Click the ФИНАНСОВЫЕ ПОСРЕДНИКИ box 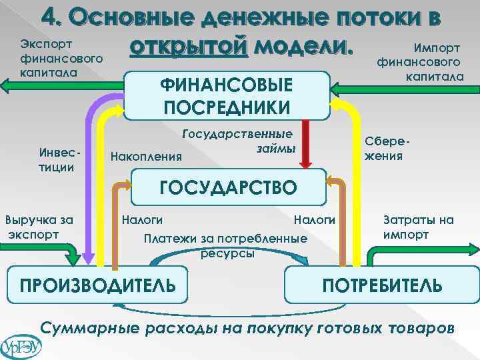point(227,95)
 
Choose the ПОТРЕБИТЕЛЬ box point(382,285)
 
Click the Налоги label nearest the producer point(141,219)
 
